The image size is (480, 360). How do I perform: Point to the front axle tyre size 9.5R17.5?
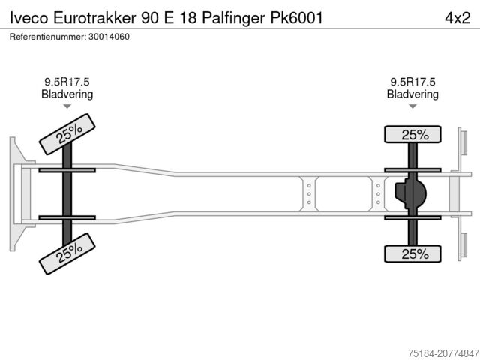[x=67, y=82]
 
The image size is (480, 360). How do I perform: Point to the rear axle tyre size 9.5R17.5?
[x=412, y=82]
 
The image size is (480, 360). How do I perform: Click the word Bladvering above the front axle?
[x=67, y=94]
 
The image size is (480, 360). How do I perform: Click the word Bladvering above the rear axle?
[x=412, y=94]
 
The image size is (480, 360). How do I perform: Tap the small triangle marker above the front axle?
[x=67, y=107]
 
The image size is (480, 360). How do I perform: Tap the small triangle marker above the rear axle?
[x=412, y=107]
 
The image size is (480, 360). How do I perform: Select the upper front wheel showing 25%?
[x=67, y=133]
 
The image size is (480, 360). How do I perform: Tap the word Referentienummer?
[x=44, y=37]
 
